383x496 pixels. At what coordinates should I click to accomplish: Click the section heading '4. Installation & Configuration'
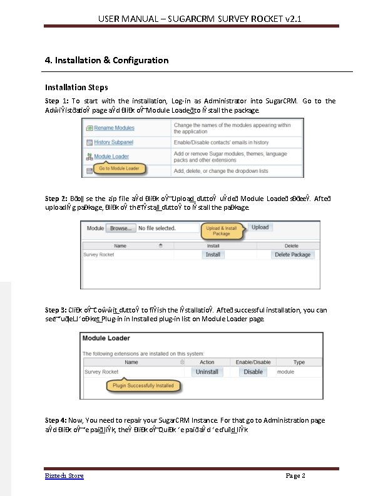coord(106,60)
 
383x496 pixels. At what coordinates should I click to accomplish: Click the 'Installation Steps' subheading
coord(76,87)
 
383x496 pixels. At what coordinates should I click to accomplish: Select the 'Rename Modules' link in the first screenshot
coord(115,128)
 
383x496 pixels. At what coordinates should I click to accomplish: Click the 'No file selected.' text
coord(156,228)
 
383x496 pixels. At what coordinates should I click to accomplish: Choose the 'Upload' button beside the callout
coord(260,227)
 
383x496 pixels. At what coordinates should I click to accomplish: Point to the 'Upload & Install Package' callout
coord(222,231)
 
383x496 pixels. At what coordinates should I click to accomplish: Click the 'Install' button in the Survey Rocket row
coord(213,255)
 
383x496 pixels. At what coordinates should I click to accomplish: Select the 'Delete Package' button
coord(292,255)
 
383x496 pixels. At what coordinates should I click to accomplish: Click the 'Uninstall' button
coord(207,371)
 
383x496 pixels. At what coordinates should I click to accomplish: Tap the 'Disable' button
coord(253,371)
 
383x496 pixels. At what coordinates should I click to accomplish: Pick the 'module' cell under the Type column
coord(285,371)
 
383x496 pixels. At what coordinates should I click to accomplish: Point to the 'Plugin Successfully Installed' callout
coord(143,386)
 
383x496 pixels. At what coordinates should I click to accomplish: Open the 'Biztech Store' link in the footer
coord(64,476)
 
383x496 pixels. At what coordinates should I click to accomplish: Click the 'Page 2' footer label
coord(295,476)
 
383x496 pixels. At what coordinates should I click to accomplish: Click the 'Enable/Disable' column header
coord(253,362)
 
